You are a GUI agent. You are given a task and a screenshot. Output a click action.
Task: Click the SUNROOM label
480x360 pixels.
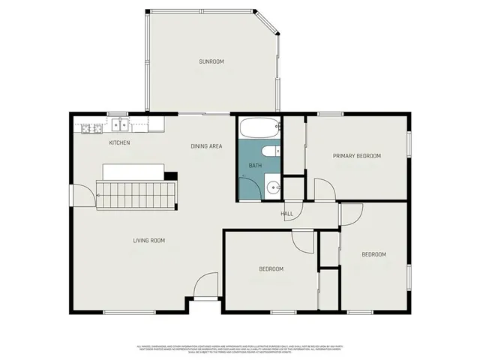tap(211, 61)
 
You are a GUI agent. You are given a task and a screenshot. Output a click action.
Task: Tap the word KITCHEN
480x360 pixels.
tap(120, 142)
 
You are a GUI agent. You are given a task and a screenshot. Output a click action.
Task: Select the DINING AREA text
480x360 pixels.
tap(206, 146)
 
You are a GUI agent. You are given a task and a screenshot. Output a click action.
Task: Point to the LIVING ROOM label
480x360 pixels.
tap(148, 240)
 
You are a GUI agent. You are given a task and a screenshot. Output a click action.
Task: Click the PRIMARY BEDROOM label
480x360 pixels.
tap(357, 156)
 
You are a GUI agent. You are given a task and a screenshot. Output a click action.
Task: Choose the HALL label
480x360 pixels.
tap(286, 214)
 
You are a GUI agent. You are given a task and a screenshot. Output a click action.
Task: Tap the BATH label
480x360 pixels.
tap(255, 165)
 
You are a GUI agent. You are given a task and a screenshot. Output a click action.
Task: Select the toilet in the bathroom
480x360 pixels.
tap(275, 151)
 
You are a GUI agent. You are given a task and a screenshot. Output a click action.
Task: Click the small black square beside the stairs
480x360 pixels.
tap(171, 176)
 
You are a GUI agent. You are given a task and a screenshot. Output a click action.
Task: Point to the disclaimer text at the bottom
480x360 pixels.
tap(240, 349)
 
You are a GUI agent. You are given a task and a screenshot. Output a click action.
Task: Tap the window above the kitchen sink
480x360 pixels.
tap(117, 114)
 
